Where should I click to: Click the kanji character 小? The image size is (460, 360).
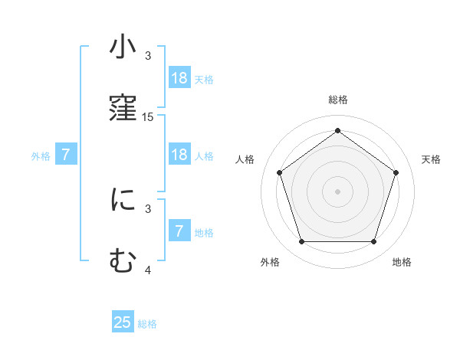(x=123, y=47)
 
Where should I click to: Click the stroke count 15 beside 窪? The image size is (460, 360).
(x=148, y=117)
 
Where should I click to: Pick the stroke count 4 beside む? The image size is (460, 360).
(x=148, y=270)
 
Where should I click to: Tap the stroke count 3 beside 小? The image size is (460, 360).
(x=148, y=56)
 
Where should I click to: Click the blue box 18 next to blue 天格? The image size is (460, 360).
(x=179, y=78)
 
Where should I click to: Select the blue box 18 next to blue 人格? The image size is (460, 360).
(x=179, y=155)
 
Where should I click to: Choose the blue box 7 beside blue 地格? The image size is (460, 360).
(x=179, y=231)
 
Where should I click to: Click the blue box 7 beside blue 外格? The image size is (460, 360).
(x=67, y=155)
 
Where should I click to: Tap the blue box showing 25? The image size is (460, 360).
(x=123, y=322)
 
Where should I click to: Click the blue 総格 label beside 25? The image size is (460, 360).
(x=147, y=324)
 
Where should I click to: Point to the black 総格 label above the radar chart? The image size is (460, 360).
(x=338, y=100)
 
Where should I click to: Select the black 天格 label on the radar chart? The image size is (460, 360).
(x=431, y=159)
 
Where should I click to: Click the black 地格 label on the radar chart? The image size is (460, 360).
(x=402, y=262)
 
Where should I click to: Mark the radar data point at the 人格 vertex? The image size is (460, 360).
(x=280, y=172)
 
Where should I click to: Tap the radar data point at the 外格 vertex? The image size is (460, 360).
(x=301, y=242)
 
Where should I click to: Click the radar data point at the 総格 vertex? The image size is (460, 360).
(x=338, y=130)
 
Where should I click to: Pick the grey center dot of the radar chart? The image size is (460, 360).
(x=338, y=191)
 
